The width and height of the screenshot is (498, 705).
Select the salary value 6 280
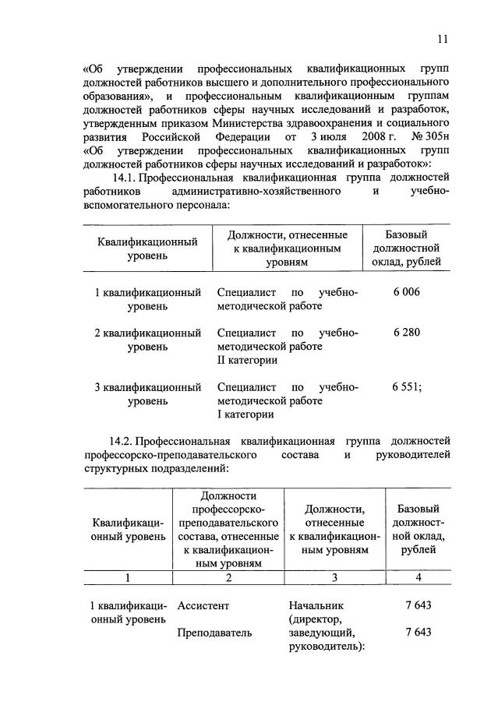click(x=406, y=333)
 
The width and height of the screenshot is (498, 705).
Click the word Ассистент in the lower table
click(x=204, y=605)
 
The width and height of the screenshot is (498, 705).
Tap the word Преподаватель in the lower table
click(x=214, y=633)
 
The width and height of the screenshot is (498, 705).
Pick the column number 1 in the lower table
click(x=129, y=578)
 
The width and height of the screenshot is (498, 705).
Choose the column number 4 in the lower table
click(x=418, y=578)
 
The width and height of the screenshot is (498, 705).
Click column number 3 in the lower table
click(x=334, y=578)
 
